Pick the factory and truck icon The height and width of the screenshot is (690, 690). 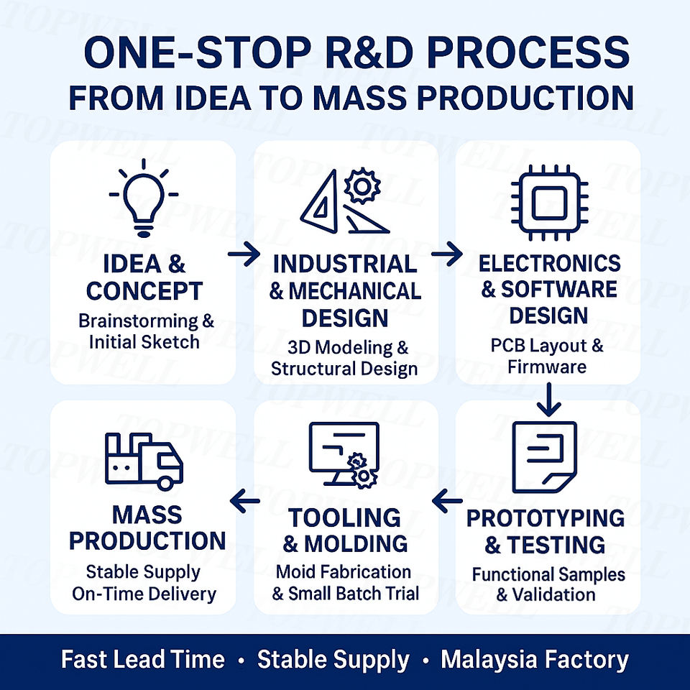[x=144, y=461]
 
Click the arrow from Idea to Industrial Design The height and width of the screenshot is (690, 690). [x=244, y=255]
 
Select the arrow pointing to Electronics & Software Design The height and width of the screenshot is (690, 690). [x=446, y=253]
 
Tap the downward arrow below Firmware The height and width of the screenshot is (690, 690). [x=549, y=400]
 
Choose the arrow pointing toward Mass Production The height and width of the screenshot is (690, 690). [x=244, y=501]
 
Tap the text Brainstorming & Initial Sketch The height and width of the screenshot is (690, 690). [x=146, y=331]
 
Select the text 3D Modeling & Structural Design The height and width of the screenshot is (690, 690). [x=345, y=358]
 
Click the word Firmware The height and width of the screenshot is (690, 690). [x=546, y=367]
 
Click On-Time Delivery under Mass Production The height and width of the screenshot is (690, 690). [x=144, y=594]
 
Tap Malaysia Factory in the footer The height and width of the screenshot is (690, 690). [x=535, y=660]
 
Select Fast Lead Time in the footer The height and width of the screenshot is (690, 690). [x=142, y=660]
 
